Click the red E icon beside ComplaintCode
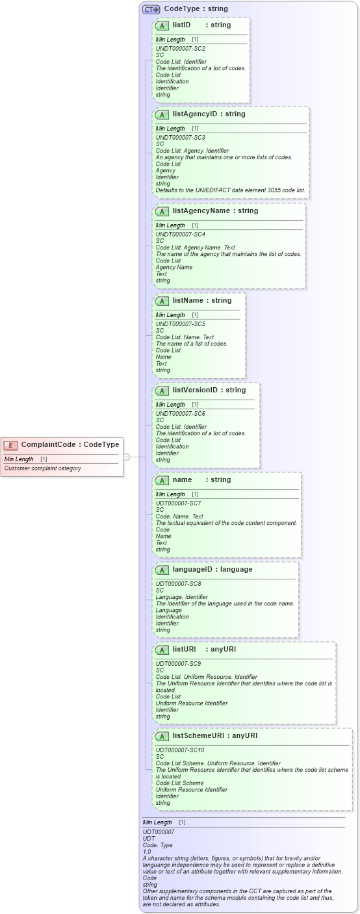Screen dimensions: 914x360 point(10,445)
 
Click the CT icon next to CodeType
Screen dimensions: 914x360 point(151,9)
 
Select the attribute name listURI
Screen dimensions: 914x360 point(185,649)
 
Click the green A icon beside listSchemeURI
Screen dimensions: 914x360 point(162,737)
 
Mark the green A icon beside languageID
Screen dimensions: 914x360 point(162,570)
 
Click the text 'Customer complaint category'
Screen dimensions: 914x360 point(43,468)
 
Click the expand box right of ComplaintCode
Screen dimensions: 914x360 point(127,457)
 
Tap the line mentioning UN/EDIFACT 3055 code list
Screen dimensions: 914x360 point(231,190)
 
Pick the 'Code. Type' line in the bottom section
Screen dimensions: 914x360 point(158,845)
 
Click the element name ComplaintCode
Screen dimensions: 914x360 point(51,445)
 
